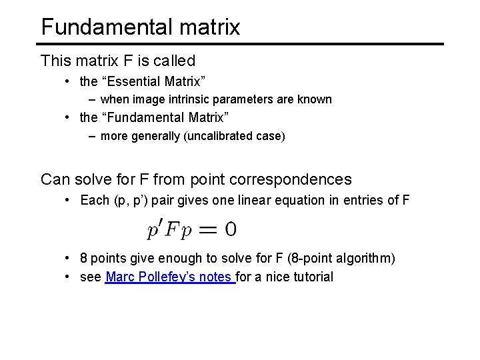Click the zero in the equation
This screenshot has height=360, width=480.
[x=230, y=230]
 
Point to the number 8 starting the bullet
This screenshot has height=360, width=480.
[x=83, y=258]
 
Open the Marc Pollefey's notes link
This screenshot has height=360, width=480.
[x=170, y=276]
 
